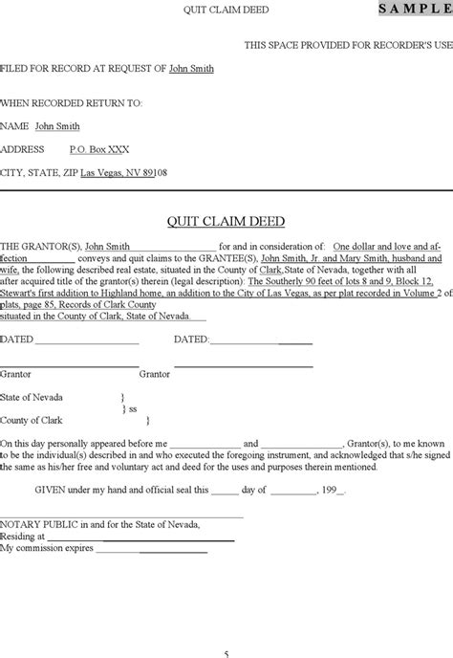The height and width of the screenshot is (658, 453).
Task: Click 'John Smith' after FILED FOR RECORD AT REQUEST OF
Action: point(191,69)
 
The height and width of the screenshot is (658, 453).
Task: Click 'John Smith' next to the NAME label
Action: point(56,125)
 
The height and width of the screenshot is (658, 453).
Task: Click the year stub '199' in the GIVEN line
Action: point(333,491)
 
